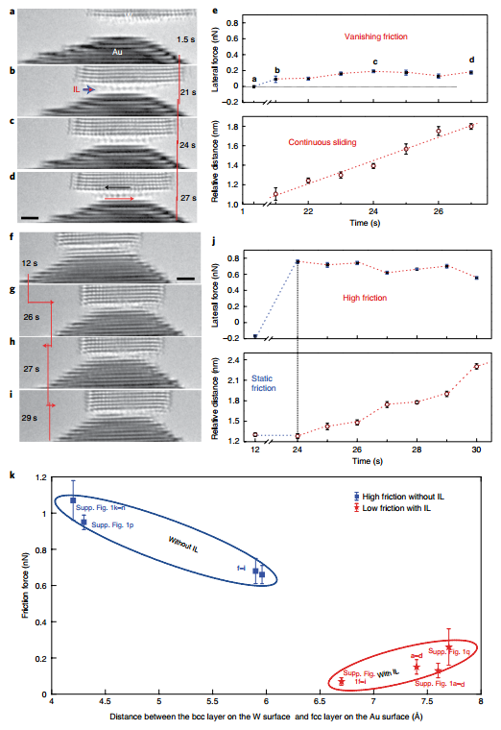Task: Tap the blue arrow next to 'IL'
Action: point(88,89)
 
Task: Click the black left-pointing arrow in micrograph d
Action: point(119,187)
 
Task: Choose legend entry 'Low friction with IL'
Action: point(394,507)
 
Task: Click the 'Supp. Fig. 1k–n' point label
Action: point(101,506)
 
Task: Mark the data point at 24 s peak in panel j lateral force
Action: point(298,261)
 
